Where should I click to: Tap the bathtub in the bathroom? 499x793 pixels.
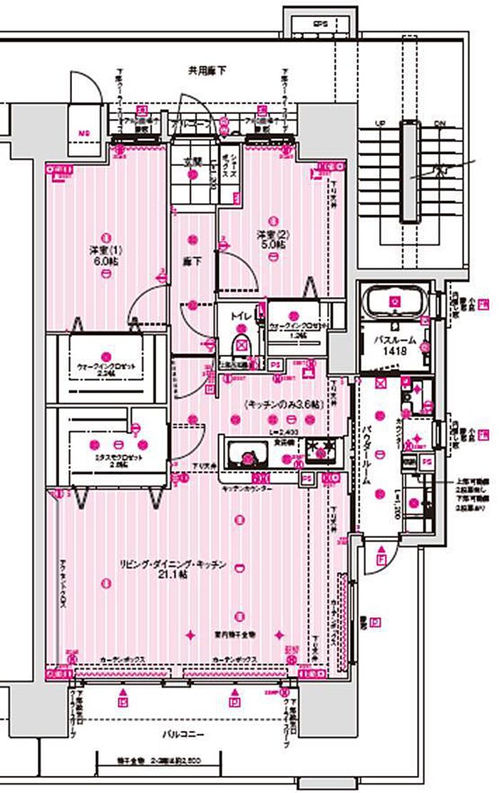(394, 302)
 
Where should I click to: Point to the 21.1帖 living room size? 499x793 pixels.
(174, 575)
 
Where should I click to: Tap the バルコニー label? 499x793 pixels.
(187, 734)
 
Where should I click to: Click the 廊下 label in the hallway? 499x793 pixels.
(193, 262)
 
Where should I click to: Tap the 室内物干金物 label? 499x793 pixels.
(235, 633)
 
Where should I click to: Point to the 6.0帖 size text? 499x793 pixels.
(106, 261)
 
